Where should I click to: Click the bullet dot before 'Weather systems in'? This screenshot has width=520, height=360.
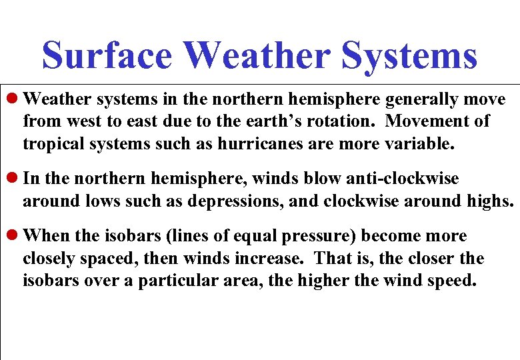(x=15, y=100)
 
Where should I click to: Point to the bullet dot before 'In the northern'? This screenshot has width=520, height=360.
(x=15, y=179)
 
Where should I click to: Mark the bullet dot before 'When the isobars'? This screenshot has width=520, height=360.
(x=15, y=236)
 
